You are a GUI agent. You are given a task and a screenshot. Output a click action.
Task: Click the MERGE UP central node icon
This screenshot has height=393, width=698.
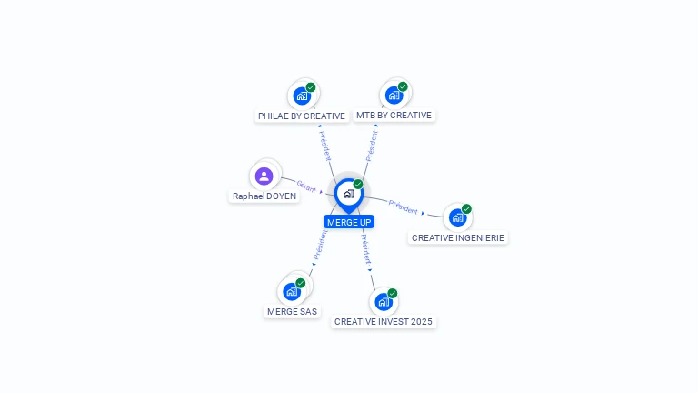point(348,193)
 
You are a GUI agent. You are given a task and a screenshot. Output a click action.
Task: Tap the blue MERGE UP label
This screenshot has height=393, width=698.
point(349,222)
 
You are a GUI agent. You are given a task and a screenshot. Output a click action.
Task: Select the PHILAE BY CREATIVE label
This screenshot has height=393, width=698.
point(302,116)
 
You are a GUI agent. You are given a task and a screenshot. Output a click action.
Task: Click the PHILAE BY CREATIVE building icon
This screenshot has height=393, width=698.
point(302,96)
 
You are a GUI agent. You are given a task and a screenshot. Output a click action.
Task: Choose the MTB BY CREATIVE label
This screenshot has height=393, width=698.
point(394,116)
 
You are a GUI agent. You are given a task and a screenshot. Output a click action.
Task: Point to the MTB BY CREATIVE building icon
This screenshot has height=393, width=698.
point(394,95)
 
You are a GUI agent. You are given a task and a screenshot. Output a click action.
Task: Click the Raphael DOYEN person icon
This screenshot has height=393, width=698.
point(264,176)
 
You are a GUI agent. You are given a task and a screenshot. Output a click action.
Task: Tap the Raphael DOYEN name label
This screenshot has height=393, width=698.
point(264,196)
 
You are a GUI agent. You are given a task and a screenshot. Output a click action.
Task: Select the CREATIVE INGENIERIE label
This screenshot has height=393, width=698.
point(457,237)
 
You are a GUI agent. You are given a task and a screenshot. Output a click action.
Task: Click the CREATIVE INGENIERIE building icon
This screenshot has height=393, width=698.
point(457,217)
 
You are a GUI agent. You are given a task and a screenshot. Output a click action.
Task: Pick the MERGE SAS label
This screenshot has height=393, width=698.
point(293,311)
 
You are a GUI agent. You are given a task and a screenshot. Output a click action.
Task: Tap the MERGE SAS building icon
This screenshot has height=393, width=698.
point(292,291)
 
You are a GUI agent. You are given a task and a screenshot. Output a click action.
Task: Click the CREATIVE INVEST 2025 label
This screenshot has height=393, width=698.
point(384,321)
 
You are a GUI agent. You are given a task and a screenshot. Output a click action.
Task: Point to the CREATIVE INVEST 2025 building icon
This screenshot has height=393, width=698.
point(384,301)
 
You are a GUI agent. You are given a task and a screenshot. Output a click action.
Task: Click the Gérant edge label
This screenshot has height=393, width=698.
point(306,186)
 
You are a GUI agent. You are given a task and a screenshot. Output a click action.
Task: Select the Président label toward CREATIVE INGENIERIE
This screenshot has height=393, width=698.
point(403,207)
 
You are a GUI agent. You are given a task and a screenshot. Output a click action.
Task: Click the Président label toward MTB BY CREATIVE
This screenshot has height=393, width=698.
point(372,146)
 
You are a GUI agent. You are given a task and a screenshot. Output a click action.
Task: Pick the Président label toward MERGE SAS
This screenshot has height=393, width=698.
point(320,244)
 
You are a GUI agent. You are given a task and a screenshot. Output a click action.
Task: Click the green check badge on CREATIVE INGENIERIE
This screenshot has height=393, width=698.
point(466,209)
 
